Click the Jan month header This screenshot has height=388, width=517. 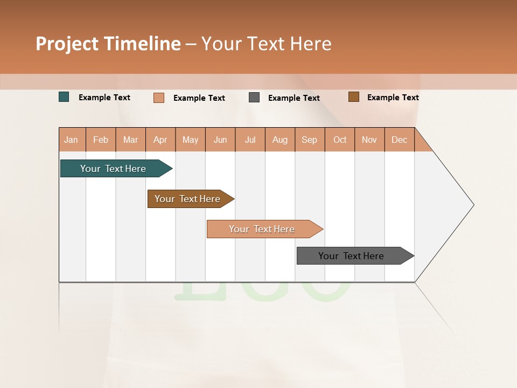pos(71,140)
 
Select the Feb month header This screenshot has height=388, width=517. pos(101,140)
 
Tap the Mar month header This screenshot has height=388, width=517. pos(130,140)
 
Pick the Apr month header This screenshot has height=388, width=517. pos(160,140)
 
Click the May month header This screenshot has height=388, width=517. pos(190,140)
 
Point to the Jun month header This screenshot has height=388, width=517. pos(220,140)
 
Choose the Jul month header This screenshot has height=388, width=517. pos(250,140)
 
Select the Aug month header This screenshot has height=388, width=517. pos(280,140)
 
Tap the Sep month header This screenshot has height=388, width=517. pos(310,140)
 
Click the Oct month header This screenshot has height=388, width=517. pos(340,140)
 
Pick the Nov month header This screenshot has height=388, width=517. pos(369,140)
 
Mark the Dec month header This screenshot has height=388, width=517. pos(400,140)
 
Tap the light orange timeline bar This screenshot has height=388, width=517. pos(262,229)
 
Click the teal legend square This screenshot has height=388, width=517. pos(64,97)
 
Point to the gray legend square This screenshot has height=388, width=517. pos(254,98)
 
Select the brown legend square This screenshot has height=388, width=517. pos(353,97)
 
